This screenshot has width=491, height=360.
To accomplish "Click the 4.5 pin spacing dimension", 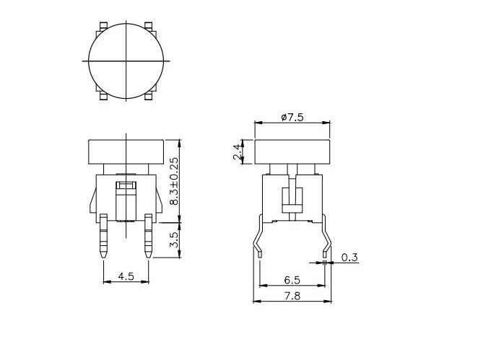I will click(125, 274).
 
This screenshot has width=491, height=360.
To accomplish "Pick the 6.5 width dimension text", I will click(291, 278).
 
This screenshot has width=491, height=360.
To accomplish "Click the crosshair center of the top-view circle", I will click(127, 61).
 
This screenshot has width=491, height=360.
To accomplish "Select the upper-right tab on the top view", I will click(149, 27).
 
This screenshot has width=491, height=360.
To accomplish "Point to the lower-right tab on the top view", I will click(149, 95).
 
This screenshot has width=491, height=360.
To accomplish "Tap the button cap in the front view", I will click(127, 152).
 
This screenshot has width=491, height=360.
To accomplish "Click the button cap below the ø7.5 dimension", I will click(291, 152).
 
